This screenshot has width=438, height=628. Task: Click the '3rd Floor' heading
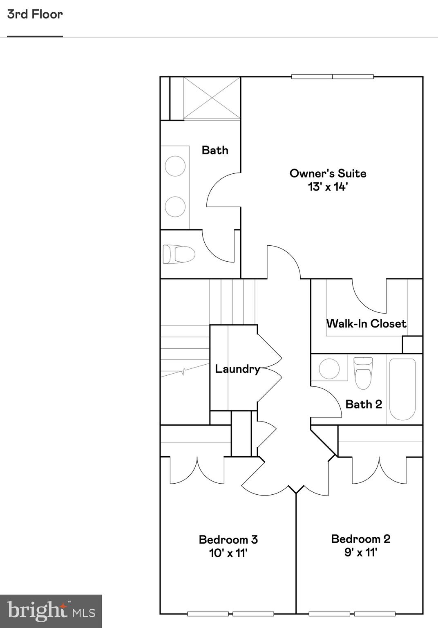click(35, 14)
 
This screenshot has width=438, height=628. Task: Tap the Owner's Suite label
click(328, 173)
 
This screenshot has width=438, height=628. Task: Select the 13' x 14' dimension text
click(328, 187)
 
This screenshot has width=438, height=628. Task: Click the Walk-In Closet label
click(366, 324)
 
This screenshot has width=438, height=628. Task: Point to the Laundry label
click(237, 369)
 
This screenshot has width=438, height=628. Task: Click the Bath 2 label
click(363, 404)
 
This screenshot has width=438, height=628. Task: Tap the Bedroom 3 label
click(228, 540)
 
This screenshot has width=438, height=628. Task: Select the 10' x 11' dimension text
click(228, 553)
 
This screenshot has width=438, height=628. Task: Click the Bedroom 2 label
click(360, 539)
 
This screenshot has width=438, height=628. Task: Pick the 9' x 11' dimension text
click(360, 552)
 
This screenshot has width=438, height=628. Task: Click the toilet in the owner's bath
click(179, 254)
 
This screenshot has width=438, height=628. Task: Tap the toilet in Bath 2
click(363, 372)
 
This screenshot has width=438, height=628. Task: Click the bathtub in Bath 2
click(402, 389)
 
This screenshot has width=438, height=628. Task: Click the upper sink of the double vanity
click(175, 166)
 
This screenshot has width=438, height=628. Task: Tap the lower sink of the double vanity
click(175, 206)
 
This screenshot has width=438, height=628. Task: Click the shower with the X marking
click(211, 98)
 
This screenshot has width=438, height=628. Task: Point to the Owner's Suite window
click(332, 76)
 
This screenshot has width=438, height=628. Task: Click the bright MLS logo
click(51, 611)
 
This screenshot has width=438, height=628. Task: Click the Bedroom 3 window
click(230, 614)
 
